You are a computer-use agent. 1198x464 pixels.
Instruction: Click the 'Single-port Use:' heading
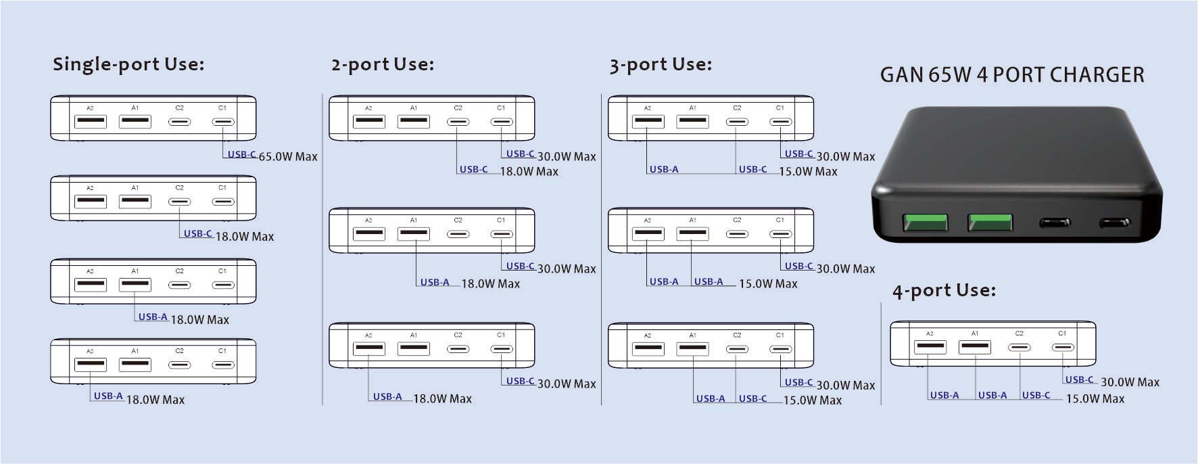(x=128, y=64)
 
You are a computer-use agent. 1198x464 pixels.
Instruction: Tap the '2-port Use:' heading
(x=383, y=64)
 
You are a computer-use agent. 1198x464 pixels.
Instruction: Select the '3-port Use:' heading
(x=661, y=64)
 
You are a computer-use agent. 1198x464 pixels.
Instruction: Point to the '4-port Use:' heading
(x=944, y=291)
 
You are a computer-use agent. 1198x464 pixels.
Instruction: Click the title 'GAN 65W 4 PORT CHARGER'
(x=1012, y=74)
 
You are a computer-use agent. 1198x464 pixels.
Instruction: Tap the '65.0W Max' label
(x=288, y=157)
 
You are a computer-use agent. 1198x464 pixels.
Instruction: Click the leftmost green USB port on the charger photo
(x=925, y=223)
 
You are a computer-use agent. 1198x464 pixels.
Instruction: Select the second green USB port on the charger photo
(x=990, y=223)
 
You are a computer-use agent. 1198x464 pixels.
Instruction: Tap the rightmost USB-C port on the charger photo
(x=1114, y=223)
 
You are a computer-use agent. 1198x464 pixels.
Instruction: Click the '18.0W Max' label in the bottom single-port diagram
(x=155, y=400)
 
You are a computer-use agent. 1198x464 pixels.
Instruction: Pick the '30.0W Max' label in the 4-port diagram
(x=1130, y=382)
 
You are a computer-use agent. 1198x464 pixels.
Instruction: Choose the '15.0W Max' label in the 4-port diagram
(x=1095, y=399)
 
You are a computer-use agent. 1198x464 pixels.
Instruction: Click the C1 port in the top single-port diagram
(x=223, y=122)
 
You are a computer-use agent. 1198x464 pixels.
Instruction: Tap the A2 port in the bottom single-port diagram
(x=91, y=365)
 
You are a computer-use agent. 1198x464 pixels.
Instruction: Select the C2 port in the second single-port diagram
(x=180, y=202)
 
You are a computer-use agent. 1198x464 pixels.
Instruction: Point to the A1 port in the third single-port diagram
(x=135, y=285)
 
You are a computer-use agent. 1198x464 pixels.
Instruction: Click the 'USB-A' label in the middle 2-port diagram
(x=435, y=283)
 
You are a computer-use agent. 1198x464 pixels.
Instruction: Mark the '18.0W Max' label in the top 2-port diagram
(x=529, y=172)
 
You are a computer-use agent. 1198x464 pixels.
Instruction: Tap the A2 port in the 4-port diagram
(x=930, y=347)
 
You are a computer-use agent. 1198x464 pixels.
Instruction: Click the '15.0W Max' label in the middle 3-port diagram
(x=768, y=284)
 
